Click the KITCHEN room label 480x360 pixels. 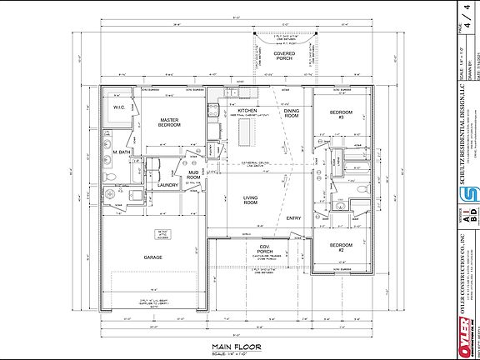(x=247, y=110)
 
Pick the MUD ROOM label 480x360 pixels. (x=193, y=175)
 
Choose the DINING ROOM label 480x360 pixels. (x=291, y=113)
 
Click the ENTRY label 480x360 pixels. (x=294, y=217)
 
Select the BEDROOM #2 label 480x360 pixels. (x=337, y=247)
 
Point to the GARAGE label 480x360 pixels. (x=152, y=257)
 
